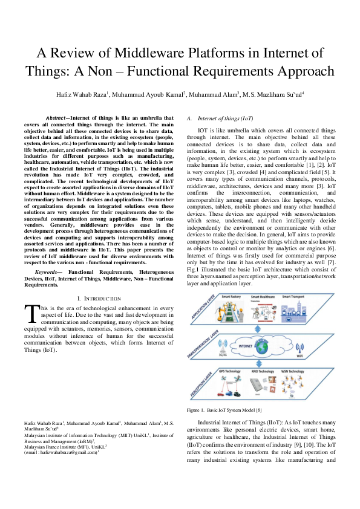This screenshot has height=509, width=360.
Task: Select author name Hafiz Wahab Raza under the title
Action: pos(80,95)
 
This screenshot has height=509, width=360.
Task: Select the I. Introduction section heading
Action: pos(100,299)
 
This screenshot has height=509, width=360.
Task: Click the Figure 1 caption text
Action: pos(224,410)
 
